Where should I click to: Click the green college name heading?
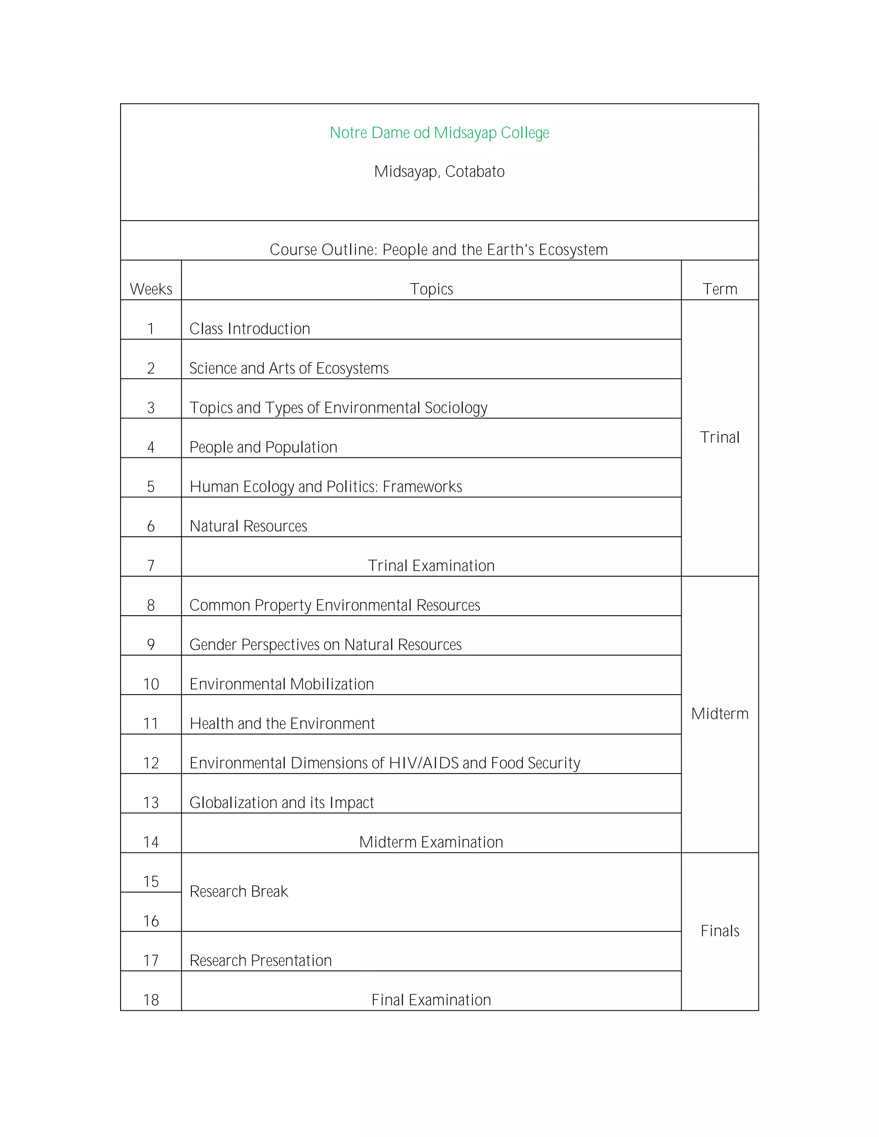pos(439,133)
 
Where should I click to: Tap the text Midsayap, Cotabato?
pos(439,172)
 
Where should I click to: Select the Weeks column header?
pos(151,289)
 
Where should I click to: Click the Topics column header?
pos(431,289)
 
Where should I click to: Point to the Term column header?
pos(720,289)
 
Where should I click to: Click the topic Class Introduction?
pos(249,329)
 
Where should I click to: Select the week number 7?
pos(151,566)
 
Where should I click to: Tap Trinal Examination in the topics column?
pos(431,566)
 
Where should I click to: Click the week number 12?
pos(151,763)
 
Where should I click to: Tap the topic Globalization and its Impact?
pos(281,803)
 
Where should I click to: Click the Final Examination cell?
pos(431,1000)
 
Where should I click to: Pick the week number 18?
pos(151,1000)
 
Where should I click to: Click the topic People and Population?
pos(263,447)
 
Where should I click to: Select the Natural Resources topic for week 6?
pos(248,526)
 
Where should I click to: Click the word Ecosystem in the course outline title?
pos(573,250)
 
